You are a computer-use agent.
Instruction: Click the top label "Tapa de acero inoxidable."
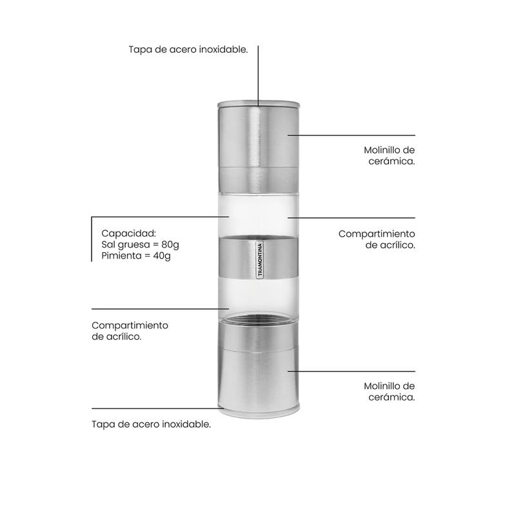tap(188, 50)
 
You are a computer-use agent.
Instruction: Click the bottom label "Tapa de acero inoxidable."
tap(151, 424)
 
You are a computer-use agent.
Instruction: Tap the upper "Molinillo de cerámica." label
tap(390, 155)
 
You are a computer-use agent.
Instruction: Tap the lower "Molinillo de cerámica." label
tap(390, 392)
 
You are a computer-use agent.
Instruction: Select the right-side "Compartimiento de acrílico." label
tap(377, 239)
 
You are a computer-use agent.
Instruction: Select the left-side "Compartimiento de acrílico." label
tap(130, 331)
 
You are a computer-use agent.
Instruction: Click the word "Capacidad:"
tap(128, 233)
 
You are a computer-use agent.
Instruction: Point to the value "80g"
tap(170, 245)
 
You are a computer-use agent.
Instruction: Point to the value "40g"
tap(162, 256)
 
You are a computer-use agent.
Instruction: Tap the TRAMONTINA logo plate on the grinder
tap(260, 260)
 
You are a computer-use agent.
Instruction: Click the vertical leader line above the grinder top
tap(258, 76)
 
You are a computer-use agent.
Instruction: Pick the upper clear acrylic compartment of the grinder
tap(259, 215)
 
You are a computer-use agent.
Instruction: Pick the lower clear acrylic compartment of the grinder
tap(259, 295)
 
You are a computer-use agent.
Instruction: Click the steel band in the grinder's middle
tap(259, 256)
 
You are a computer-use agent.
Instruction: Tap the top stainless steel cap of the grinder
tap(259, 147)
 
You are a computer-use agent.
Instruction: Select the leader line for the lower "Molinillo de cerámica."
tap(352, 372)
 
